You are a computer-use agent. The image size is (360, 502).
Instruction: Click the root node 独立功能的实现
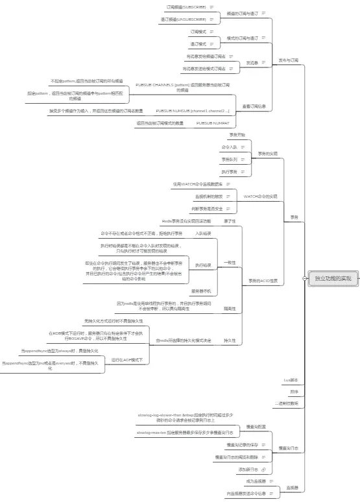click(333, 278)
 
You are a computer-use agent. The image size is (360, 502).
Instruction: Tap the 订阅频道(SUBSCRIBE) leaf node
click(186, 6)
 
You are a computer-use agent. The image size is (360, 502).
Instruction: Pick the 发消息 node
click(252, 63)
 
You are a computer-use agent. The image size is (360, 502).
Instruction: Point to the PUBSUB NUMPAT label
click(213, 123)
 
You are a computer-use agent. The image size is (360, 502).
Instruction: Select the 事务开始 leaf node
click(237, 135)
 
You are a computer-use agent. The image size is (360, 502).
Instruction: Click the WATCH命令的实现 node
click(260, 196)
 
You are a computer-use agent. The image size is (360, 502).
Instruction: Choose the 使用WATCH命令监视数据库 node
click(195, 184)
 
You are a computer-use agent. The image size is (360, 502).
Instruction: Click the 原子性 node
click(230, 221)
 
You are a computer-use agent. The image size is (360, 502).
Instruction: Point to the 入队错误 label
click(204, 233)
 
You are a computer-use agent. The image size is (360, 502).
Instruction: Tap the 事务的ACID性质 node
click(263, 281)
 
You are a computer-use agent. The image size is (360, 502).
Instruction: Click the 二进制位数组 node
click(286, 403)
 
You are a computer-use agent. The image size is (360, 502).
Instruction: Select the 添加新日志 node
click(248, 468)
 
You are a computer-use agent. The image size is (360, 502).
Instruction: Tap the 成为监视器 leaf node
click(256, 481)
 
